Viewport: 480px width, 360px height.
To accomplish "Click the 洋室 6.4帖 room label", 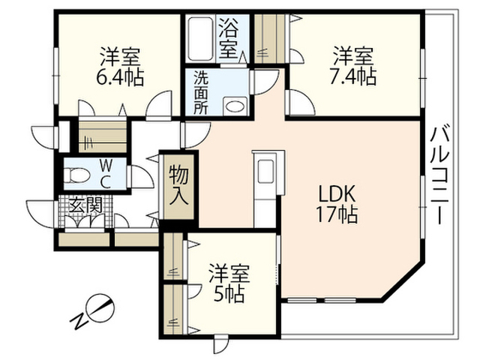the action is click(120, 67).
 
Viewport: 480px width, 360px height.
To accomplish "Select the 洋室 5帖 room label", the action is click(229, 283).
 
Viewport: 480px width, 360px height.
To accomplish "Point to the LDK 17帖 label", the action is click(337, 204).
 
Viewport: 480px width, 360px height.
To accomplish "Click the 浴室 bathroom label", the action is click(229, 38).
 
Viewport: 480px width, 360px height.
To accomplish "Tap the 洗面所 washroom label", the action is click(200, 93).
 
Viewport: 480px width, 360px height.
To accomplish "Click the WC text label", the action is click(105, 175).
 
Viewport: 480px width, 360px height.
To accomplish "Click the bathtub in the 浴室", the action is click(200, 39).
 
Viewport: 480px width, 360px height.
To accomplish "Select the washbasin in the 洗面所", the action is click(235, 106).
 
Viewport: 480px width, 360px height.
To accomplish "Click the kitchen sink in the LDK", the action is click(265, 172).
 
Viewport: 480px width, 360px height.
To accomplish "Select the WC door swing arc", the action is click(142, 177).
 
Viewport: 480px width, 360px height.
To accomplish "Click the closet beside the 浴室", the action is click(270, 39).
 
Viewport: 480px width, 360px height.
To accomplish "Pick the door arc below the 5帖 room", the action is click(221, 344).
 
